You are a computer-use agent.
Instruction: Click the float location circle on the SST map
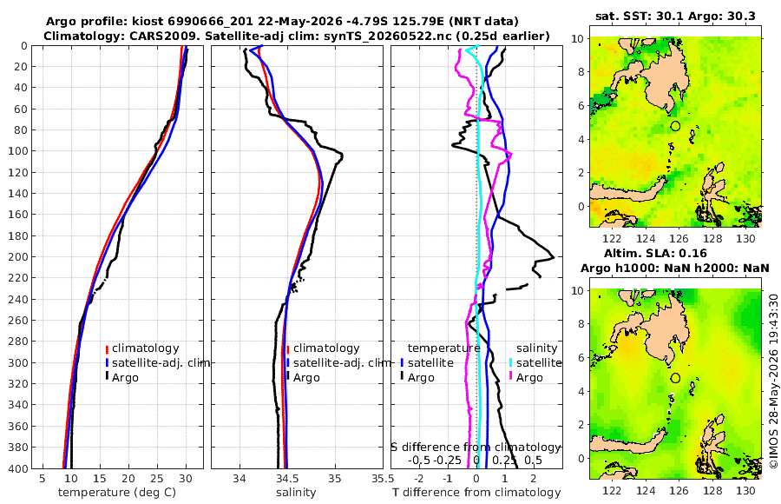coord(675,126)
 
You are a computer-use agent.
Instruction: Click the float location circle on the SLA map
coord(675,378)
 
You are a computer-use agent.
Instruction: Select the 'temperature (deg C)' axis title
coord(117,493)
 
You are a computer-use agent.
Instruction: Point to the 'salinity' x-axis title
coord(296,493)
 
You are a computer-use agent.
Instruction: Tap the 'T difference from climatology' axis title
coord(476,493)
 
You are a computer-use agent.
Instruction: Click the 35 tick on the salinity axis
coord(335,479)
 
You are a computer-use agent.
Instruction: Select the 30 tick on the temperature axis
coord(186,479)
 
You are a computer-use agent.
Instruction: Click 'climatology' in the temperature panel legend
coord(146,348)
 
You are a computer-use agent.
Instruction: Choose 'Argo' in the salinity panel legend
coord(306,378)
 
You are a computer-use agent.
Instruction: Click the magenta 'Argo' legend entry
coord(529,378)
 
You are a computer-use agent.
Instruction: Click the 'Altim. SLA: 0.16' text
coord(655,253)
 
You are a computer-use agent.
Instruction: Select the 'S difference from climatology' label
coord(476,447)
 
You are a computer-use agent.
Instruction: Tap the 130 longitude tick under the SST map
coord(745,239)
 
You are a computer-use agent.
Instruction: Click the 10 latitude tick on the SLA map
coord(577,290)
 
